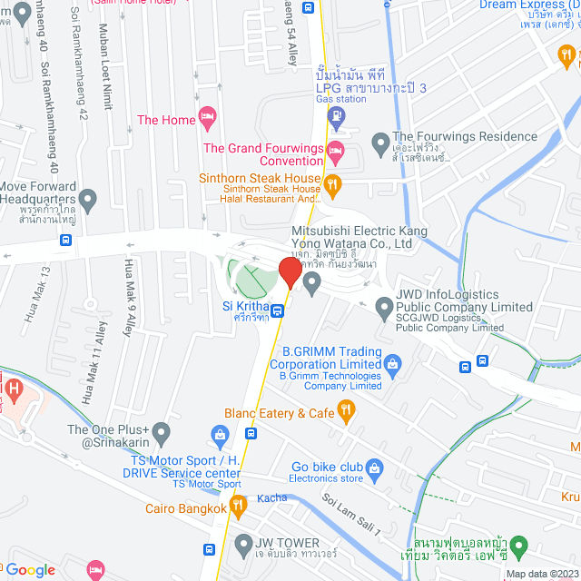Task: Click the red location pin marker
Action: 290,271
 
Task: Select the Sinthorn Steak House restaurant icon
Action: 333,185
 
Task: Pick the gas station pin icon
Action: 336,116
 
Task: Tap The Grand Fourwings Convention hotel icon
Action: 336,149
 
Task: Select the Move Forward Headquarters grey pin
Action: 88,198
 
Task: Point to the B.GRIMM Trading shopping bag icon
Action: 392,365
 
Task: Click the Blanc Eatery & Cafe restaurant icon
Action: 345,413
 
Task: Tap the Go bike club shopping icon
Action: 377,468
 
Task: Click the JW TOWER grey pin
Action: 242,545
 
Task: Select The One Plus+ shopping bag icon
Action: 162,430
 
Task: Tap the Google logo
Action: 31,570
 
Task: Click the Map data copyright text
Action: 540,574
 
